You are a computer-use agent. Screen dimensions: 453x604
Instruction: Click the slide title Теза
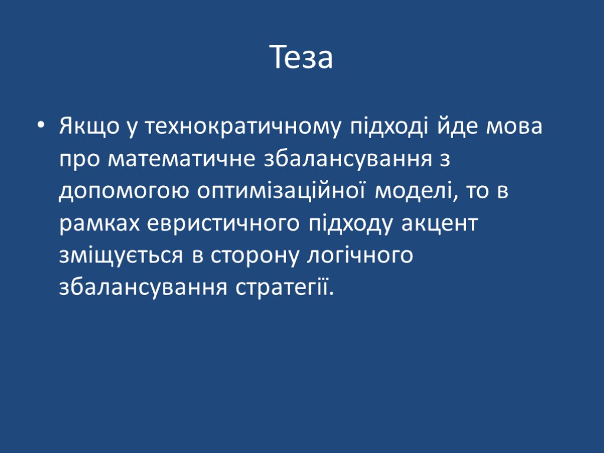[302, 58]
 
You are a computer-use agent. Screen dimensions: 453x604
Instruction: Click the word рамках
[99, 224]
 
